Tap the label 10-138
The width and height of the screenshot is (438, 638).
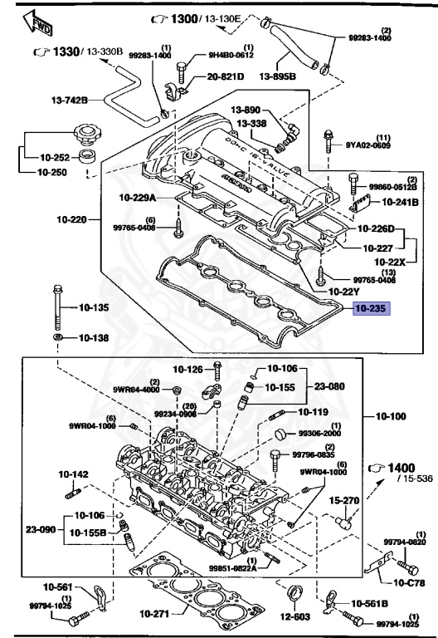[x=94, y=338]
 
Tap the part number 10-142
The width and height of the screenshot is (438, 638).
[x=73, y=474]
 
